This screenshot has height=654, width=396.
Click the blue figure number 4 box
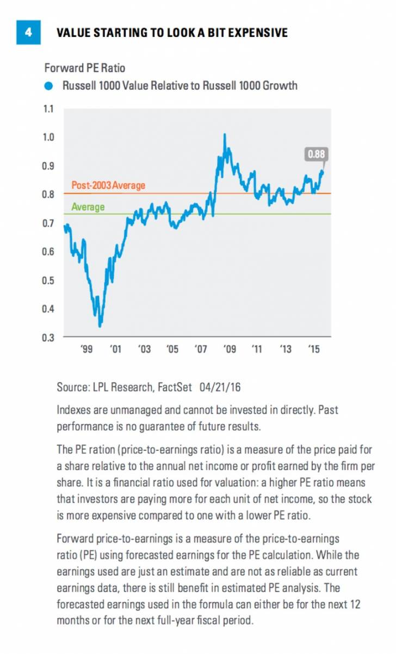tap(28, 32)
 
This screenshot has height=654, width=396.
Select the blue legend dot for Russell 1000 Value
tap(49, 85)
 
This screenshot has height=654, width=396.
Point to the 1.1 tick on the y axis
tap(49, 109)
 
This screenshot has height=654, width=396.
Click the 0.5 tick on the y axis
tap(49, 280)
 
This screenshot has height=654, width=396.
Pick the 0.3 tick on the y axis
tap(49, 338)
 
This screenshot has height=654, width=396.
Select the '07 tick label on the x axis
tap(201, 349)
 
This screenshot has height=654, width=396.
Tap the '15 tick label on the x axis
tap(314, 349)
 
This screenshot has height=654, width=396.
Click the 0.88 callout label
tap(316, 154)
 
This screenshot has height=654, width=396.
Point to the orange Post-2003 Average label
tap(108, 186)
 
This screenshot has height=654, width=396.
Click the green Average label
tap(88, 207)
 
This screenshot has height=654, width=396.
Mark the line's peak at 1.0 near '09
tap(225, 134)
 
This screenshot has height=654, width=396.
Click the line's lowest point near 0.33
tap(100, 326)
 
